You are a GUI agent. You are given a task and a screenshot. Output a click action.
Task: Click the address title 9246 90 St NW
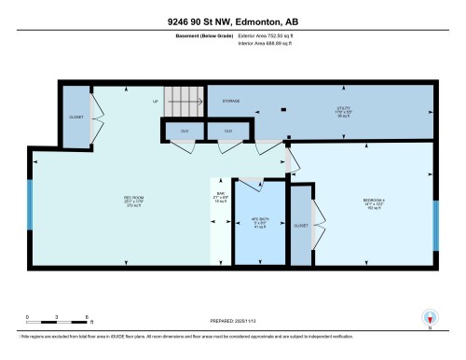point(232,21)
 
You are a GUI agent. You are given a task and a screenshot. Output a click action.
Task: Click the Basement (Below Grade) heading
point(199,36)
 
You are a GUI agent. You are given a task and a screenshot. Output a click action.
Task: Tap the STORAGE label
point(232,100)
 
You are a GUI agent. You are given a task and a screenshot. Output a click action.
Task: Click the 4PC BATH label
point(259,221)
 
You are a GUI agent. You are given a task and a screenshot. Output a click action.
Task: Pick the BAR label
point(221,194)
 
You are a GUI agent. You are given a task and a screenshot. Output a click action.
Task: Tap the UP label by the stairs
point(156,101)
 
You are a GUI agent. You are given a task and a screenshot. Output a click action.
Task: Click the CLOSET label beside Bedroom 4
point(302,226)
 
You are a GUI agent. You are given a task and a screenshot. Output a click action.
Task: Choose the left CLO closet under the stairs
point(185,132)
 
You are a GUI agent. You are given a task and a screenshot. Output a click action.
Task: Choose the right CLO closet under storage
point(228,132)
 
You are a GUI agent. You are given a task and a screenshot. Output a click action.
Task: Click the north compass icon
point(429,317)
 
